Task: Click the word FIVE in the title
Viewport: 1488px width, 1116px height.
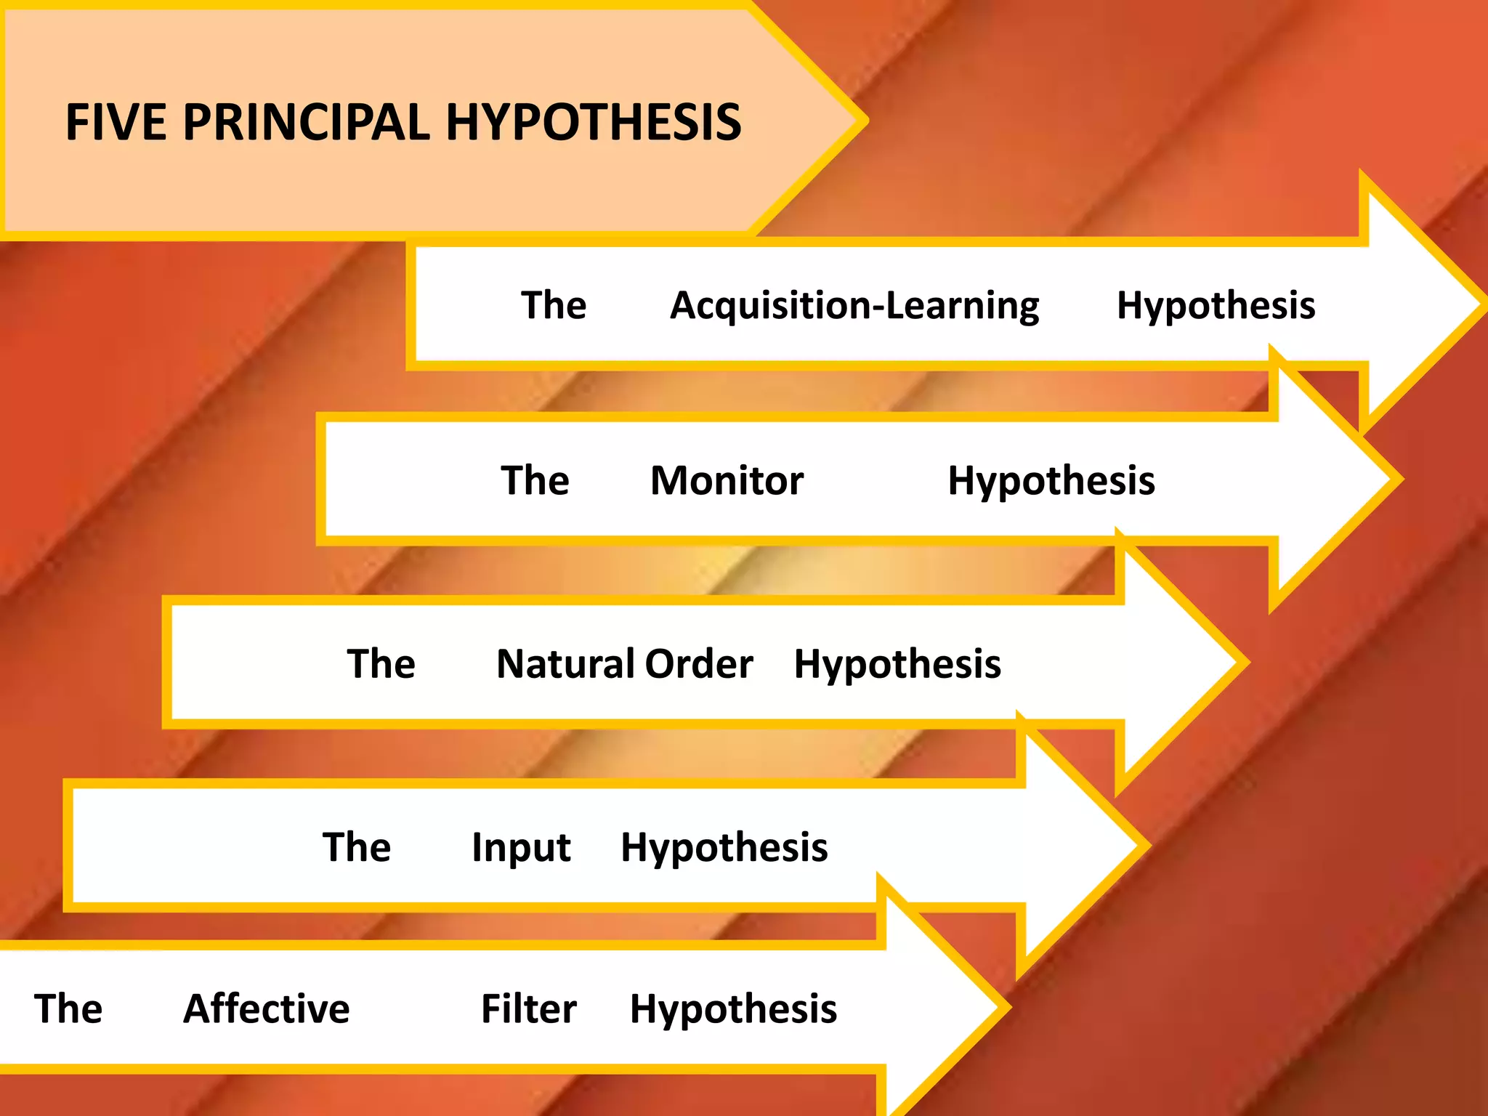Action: (116, 122)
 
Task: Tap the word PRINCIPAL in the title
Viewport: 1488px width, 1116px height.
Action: (306, 122)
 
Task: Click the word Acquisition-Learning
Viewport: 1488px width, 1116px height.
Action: (854, 306)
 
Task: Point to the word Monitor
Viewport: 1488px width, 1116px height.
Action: (727, 481)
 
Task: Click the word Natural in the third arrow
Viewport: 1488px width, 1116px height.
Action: (566, 664)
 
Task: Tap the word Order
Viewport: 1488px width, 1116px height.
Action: (699, 664)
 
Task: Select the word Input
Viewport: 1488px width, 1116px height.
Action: (521, 848)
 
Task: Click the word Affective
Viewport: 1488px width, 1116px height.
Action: (267, 1009)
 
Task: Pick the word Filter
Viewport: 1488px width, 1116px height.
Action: (529, 1009)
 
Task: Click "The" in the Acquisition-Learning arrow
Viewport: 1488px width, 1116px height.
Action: (554, 305)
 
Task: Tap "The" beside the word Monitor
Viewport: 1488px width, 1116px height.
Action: (535, 481)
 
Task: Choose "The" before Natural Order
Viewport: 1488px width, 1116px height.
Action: (381, 664)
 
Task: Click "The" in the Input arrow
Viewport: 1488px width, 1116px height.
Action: (357, 847)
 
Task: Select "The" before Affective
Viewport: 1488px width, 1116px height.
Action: (68, 1009)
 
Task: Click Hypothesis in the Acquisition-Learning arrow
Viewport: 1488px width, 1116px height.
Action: (1216, 306)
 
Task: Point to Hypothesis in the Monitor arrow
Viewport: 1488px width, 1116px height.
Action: (1051, 482)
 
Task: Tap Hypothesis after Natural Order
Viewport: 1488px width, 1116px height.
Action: (897, 665)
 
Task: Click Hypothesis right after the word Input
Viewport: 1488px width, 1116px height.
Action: (724, 848)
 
